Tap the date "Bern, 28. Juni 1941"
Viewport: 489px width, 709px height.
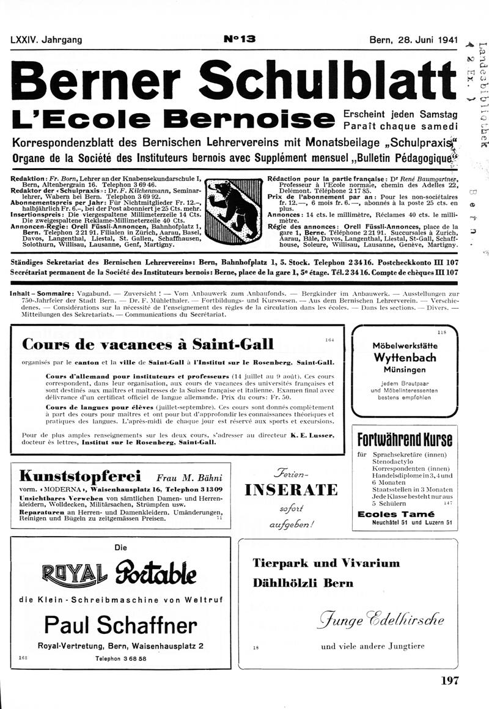413,40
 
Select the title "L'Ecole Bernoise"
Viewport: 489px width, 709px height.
172,117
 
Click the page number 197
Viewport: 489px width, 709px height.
449,680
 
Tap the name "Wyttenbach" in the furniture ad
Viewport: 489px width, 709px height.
404,358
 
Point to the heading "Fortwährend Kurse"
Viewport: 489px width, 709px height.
405,439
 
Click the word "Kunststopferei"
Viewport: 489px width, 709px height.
81,476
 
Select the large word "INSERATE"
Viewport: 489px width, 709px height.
291,490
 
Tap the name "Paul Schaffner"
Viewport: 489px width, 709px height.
120,624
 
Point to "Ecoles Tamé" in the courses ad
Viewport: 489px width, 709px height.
395,514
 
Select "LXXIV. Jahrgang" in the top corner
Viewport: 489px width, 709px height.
46,40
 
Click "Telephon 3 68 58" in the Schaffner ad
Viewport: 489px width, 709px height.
121,659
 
